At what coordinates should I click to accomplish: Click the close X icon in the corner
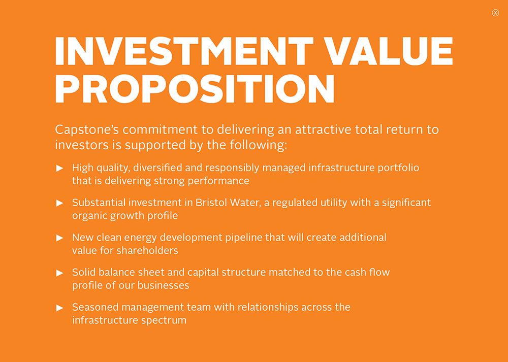click(x=495, y=13)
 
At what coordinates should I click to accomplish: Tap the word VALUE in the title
click(x=389, y=51)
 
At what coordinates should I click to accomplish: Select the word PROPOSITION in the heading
click(x=195, y=89)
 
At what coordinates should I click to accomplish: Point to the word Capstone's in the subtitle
click(x=87, y=130)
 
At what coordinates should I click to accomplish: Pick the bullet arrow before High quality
click(x=59, y=168)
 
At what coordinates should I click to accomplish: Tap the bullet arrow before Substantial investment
click(x=59, y=203)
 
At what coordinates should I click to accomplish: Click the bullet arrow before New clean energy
click(x=59, y=238)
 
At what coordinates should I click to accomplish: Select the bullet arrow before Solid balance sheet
click(x=59, y=273)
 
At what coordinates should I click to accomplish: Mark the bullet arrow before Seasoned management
click(x=59, y=308)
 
